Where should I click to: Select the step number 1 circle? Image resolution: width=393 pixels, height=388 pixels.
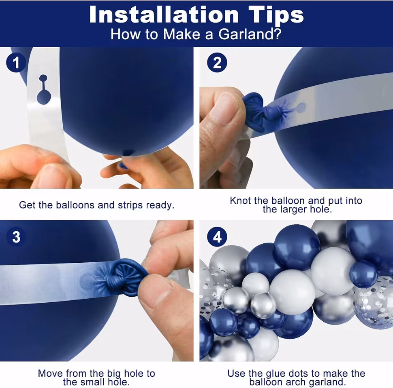point(16,63)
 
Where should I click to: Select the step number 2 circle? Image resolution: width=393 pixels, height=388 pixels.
point(217,63)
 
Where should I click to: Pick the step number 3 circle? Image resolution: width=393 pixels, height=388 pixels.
point(16,237)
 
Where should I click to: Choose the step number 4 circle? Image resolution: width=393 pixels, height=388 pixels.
point(217,237)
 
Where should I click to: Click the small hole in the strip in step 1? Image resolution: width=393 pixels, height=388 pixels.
point(43,78)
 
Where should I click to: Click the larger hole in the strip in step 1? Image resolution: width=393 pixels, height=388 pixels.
point(44,97)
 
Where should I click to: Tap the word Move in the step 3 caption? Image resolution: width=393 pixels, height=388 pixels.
point(51,373)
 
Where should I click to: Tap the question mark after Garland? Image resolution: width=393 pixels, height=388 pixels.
point(278,34)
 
